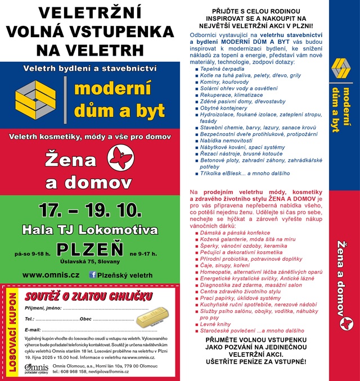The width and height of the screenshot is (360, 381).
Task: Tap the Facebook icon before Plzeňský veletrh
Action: (x=93, y=275)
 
